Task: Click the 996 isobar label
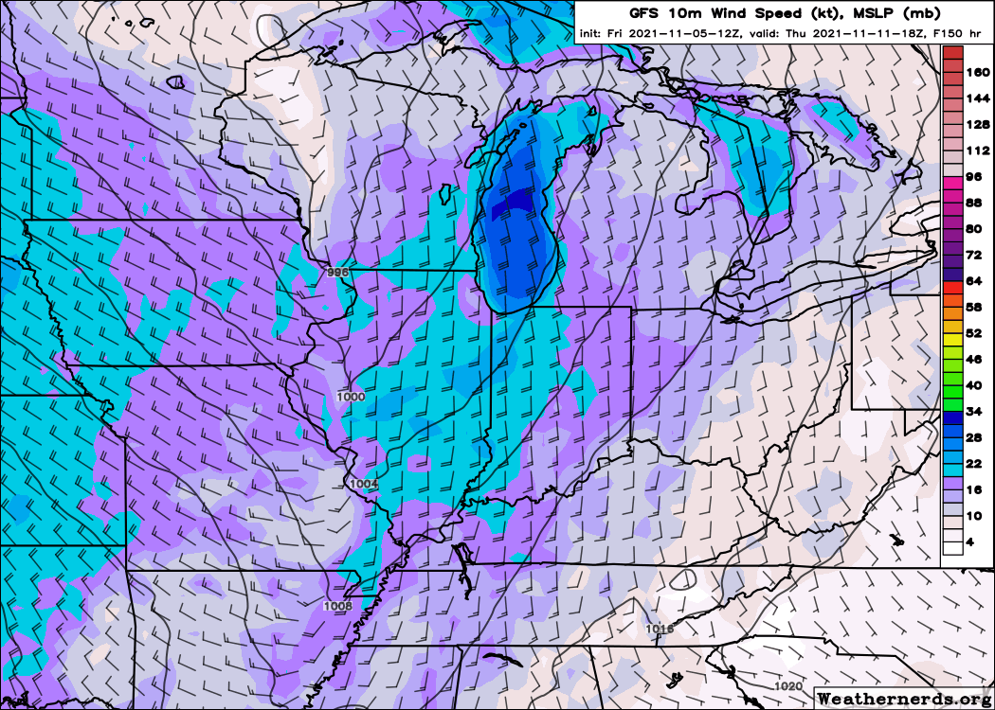(338, 272)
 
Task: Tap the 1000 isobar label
(351, 397)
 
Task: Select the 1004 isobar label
(364, 484)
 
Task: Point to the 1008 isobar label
(337, 605)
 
